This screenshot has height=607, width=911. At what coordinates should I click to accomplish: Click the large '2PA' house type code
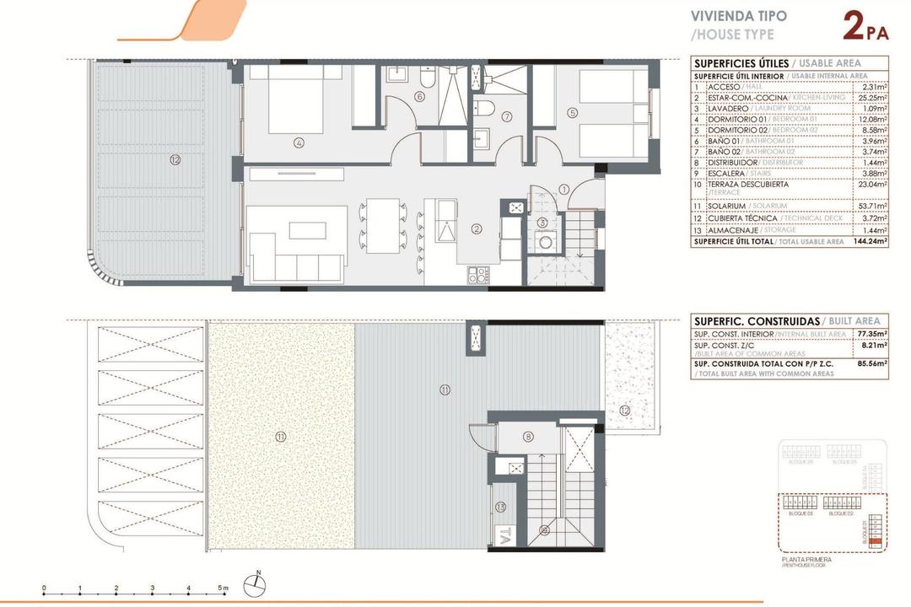(x=865, y=27)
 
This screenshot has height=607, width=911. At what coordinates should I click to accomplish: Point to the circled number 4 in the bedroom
(x=299, y=142)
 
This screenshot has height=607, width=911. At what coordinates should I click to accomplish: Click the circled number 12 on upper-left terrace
(x=175, y=159)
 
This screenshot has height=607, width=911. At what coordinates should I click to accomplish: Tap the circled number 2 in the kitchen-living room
(x=477, y=228)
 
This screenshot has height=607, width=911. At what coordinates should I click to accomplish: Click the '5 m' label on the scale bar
(x=223, y=588)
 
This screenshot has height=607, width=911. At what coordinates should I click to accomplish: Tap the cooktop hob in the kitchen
(x=478, y=273)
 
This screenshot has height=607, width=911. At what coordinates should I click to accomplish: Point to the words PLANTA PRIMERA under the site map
(x=806, y=559)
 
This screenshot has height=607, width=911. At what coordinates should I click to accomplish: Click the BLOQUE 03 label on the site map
(x=799, y=513)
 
